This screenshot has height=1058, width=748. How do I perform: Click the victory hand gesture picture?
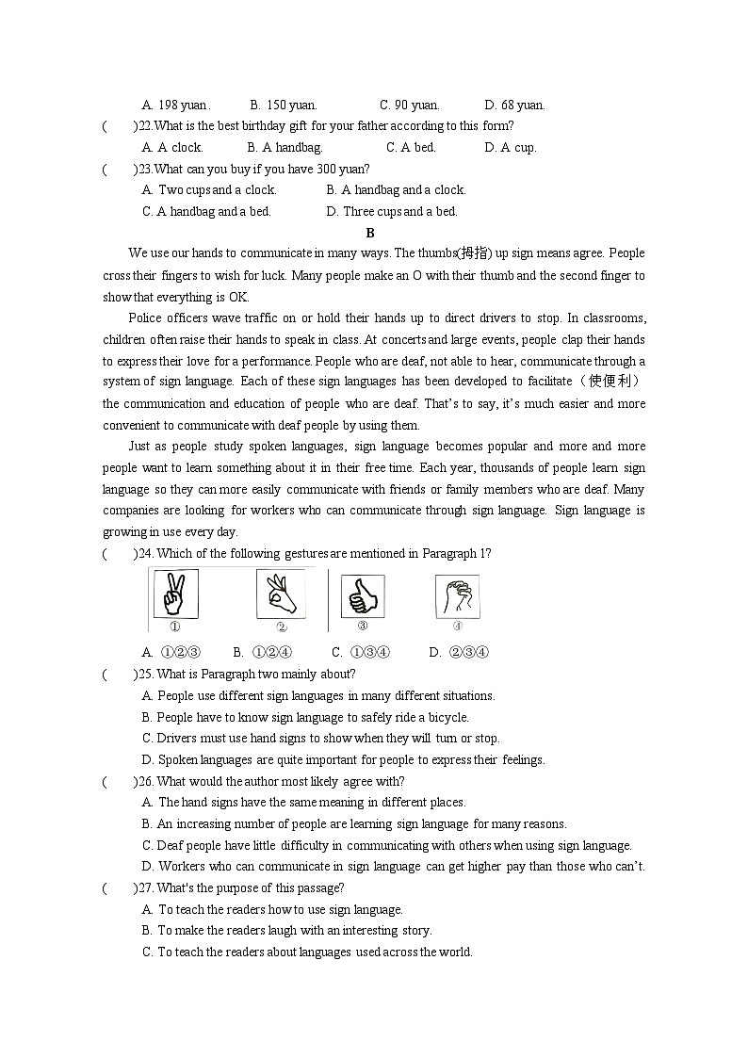pyautogui.click(x=174, y=594)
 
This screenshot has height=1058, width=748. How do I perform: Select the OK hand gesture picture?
pyautogui.click(x=281, y=594)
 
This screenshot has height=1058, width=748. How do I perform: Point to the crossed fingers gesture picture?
pyautogui.click(x=457, y=595)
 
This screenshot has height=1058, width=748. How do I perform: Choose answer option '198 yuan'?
pyautogui.click(x=176, y=105)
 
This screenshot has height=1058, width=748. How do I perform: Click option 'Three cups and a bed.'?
pyautogui.click(x=392, y=211)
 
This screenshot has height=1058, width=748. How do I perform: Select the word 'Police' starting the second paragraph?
pyautogui.click(x=145, y=317)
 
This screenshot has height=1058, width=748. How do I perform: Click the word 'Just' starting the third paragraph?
pyautogui.click(x=139, y=446)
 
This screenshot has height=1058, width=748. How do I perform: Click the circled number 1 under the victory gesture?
pyautogui.click(x=174, y=627)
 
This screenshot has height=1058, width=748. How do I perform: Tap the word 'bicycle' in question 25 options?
pyautogui.click(x=447, y=717)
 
